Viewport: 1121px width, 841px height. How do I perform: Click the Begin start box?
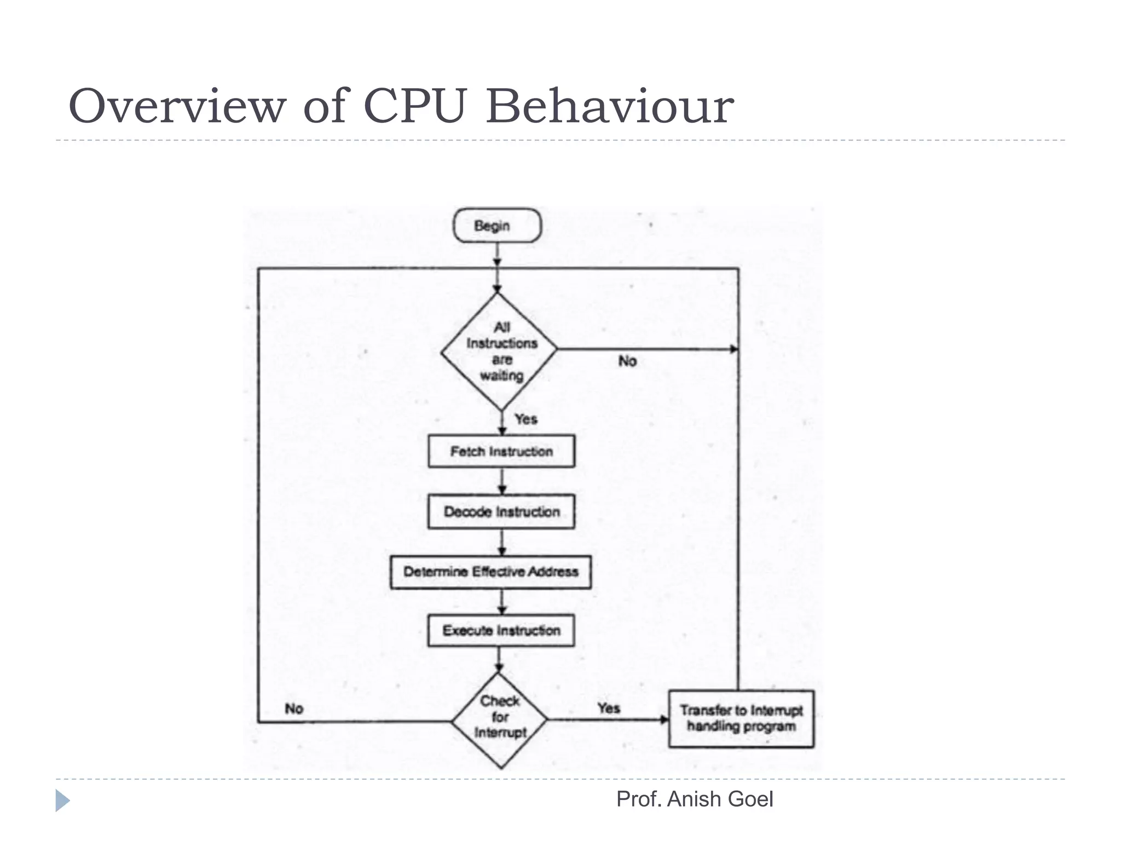click(x=496, y=226)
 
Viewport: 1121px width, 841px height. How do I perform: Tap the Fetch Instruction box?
click(x=501, y=452)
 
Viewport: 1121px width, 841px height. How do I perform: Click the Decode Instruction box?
click(x=501, y=512)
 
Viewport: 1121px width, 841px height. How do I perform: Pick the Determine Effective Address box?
click(x=490, y=572)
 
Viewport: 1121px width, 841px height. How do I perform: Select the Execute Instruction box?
click(x=501, y=631)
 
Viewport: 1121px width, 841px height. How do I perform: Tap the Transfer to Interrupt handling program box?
click(x=741, y=719)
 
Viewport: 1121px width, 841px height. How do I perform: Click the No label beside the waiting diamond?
click(x=627, y=361)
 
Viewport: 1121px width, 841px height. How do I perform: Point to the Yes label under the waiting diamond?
click(x=526, y=419)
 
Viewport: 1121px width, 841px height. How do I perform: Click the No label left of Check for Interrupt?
click(x=294, y=709)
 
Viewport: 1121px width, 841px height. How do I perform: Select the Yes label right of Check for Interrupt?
click(x=609, y=708)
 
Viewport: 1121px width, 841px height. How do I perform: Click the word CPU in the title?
click(x=415, y=106)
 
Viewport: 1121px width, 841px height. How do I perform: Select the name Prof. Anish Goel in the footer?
click(x=695, y=799)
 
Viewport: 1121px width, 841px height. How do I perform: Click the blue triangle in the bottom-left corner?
click(x=62, y=800)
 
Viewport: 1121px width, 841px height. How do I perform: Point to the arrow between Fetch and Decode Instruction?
click(x=502, y=481)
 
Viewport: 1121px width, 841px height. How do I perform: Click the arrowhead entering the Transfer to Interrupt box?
click(x=664, y=719)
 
